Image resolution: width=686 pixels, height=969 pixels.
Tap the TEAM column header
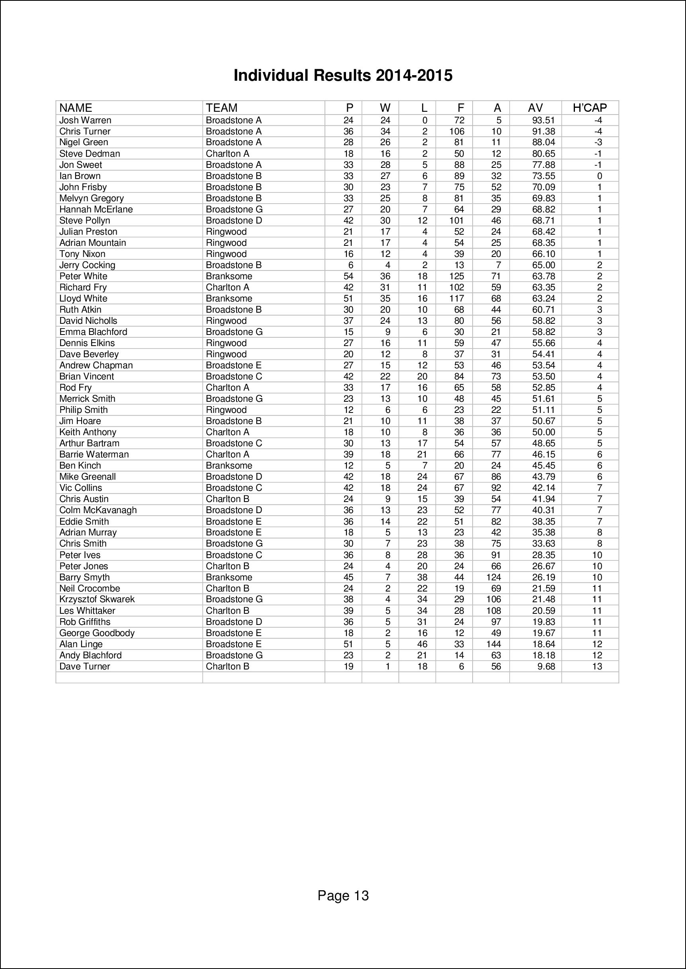point(221,108)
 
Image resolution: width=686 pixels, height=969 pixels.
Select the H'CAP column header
point(589,108)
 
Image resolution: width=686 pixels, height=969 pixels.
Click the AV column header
point(535,108)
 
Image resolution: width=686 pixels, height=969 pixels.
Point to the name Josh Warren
point(85,120)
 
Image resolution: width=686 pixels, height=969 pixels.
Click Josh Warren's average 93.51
point(543,120)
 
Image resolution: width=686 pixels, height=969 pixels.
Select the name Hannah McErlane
point(96,209)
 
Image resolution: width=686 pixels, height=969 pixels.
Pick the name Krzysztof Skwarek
point(97,599)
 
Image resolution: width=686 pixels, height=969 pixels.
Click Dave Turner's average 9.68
point(547,666)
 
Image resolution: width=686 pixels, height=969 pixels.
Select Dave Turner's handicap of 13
point(597,666)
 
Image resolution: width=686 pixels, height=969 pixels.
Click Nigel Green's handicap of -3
point(598,143)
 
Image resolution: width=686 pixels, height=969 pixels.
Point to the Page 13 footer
point(343,895)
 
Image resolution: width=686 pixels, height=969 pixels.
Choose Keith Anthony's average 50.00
point(543,432)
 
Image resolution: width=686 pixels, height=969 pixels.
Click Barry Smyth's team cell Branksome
point(229,577)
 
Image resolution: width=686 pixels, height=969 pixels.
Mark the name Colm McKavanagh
point(98,510)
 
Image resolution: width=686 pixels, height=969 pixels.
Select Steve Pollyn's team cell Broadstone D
point(234,221)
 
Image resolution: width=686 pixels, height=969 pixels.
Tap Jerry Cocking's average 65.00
point(543,265)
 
